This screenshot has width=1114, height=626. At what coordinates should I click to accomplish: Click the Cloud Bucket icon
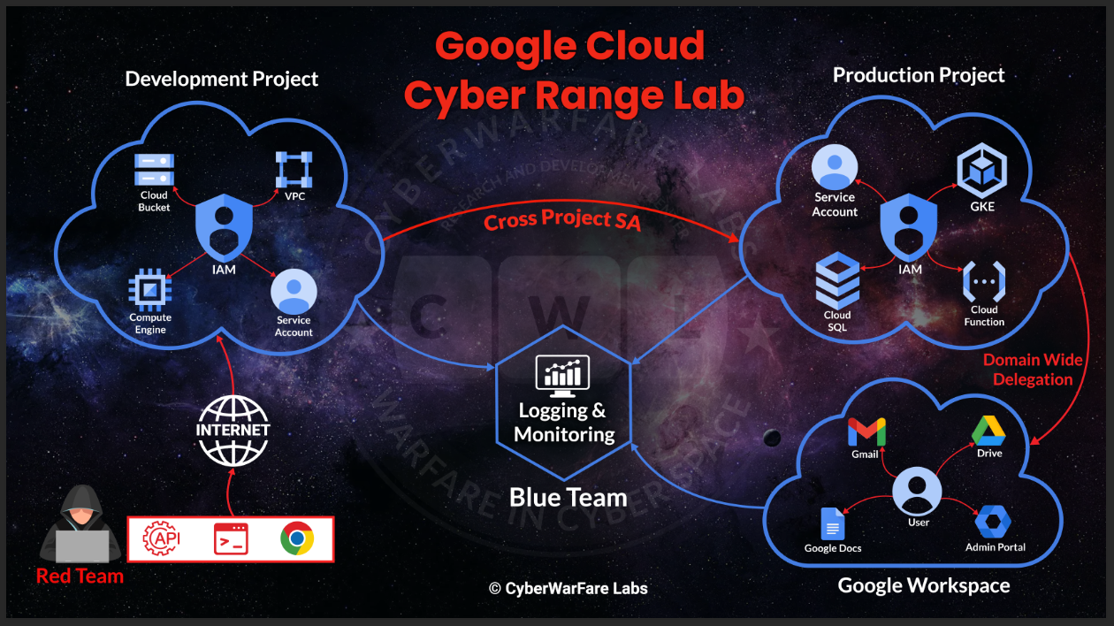(x=154, y=168)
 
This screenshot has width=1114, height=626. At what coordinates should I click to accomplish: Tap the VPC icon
(x=294, y=169)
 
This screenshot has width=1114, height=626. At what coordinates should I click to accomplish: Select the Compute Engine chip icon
(x=150, y=288)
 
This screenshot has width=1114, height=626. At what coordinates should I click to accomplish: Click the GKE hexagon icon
(x=981, y=172)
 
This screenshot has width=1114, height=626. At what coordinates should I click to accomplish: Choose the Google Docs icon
(x=833, y=523)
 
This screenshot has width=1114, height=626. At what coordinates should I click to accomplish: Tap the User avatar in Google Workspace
(x=918, y=490)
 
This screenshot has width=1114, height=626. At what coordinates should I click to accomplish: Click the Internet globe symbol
(x=233, y=430)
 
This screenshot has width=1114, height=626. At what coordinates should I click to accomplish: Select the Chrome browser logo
(x=297, y=538)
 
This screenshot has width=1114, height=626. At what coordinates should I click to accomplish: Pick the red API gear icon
(x=161, y=538)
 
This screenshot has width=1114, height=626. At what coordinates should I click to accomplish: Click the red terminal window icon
(x=231, y=538)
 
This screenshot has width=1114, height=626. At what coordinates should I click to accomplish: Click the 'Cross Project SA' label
(x=562, y=218)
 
